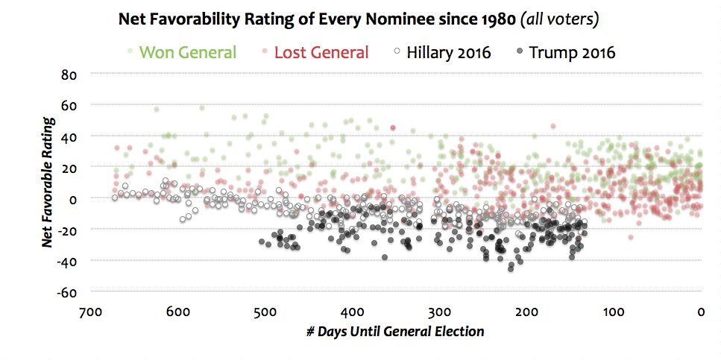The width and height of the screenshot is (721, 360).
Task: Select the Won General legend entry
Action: [x=188, y=52]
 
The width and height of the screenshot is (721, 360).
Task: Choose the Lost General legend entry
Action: [x=321, y=52]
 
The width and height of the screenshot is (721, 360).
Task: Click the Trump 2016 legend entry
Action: [x=571, y=52]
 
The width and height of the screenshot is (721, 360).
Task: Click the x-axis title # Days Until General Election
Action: [x=394, y=331]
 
